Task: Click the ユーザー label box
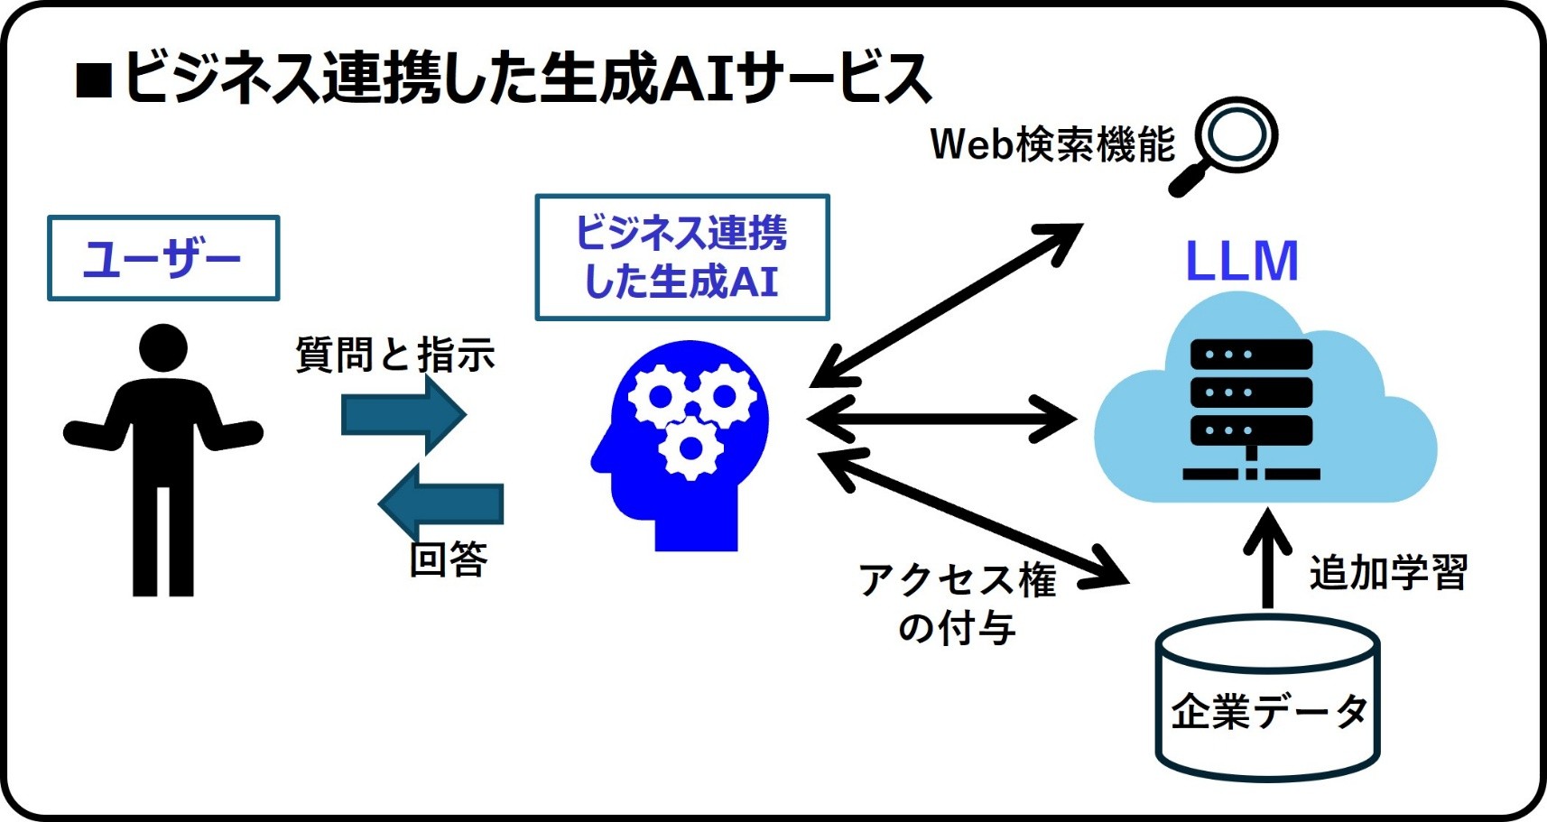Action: (163, 258)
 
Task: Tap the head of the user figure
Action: (163, 347)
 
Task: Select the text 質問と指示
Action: (395, 355)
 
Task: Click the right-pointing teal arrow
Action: (403, 415)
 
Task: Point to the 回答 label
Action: (449, 559)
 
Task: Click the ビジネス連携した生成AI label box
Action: (681, 257)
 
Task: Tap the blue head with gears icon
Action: (682, 442)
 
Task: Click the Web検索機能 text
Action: (1052, 144)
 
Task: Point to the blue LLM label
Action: (1241, 262)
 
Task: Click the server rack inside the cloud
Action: (1251, 406)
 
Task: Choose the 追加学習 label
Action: (1388, 572)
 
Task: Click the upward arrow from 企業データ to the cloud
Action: (1267, 559)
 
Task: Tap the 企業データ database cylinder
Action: (1267, 699)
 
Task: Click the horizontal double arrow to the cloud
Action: (941, 419)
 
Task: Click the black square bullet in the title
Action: (94, 80)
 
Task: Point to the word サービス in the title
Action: (834, 78)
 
